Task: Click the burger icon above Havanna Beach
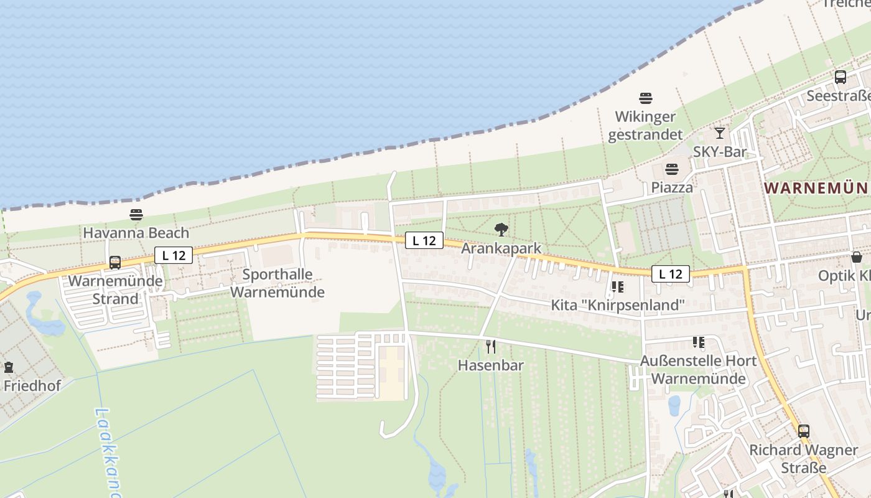[x=136, y=215]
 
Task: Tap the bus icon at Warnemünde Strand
[x=115, y=263]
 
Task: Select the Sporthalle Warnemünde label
[x=277, y=283]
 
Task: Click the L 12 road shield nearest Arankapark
[x=424, y=240]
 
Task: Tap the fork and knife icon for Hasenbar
[x=491, y=347]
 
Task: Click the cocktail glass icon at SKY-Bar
[x=720, y=133]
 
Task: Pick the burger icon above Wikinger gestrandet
[x=646, y=98]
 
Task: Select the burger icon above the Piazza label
[x=672, y=169]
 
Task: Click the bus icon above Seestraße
[x=841, y=77]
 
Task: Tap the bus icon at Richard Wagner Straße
[x=804, y=431]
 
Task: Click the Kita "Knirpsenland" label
[x=618, y=305]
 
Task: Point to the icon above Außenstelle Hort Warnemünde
[x=699, y=342]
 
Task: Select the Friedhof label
[x=32, y=385]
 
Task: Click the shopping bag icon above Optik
[x=857, y=257]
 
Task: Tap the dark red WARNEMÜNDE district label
[x=817, y=188]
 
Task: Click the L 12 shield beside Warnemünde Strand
[x=174, y=255]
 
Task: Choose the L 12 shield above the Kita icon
[x=671, y=273]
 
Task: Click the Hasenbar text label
[x=491, y=365]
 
